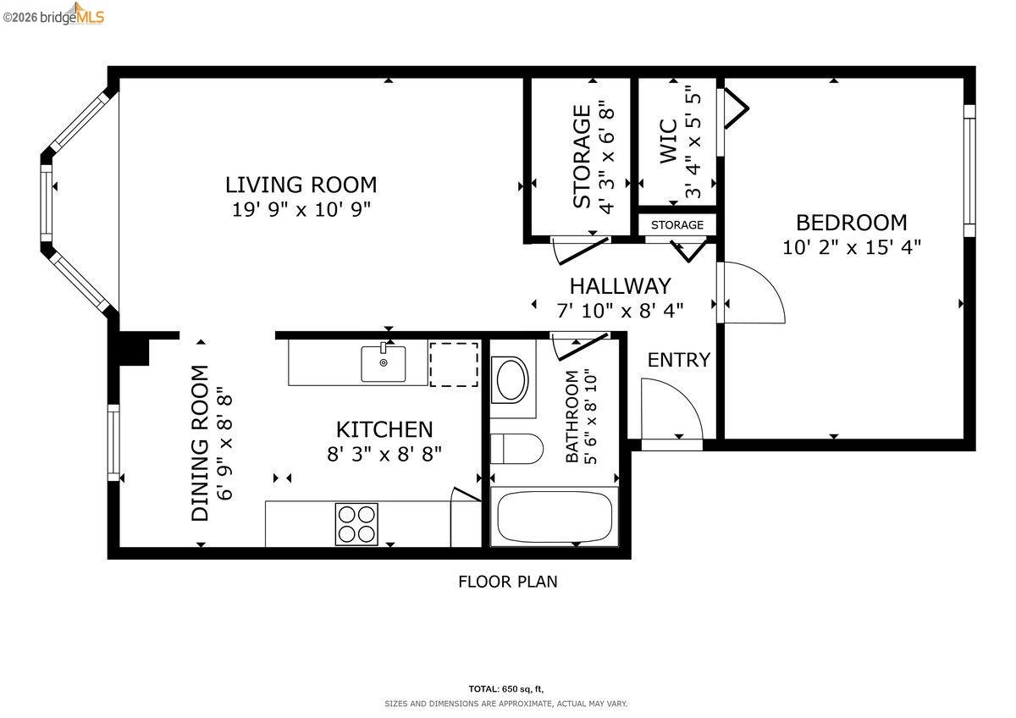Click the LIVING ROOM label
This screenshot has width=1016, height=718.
pyautogui.click(x=301, y=185)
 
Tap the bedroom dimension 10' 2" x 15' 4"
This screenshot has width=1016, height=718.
pyautogui.click(x=852, y=247)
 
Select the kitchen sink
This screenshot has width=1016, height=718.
pyautogui.click(x=383, y=363)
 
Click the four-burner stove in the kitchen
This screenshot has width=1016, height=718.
pyautogui.click(x=356, y=524)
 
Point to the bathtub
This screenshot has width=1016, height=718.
pyautogui.click(x=555, y=516)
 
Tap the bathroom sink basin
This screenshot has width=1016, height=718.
pyautogui.click(x=511, y=381)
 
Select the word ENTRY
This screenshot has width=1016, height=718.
pyautogui.click(x=678, y=360)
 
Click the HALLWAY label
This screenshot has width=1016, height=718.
pyautogui.click(x=620, y=286)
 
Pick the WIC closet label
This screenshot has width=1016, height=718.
pyautogui.click(x=668, y=141)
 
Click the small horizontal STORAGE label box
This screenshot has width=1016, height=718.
pyautogui.click(x=676, y=225)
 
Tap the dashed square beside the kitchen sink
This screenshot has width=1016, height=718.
pyautogui.click(x=455, y=364)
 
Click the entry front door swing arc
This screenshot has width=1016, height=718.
pyautogui.click(x=672, y=408)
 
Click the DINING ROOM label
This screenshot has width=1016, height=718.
pyautogui.click(x=200, y=442)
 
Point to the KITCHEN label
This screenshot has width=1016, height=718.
pyautogui.click(x=384, y=430)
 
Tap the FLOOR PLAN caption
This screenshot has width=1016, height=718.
pyautogui.click(x=507, y=582)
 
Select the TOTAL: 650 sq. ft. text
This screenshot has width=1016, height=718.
pyautogui.click(x=507, y=688)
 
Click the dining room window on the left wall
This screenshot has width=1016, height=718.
pyautogui.click(x=113, y=443)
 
